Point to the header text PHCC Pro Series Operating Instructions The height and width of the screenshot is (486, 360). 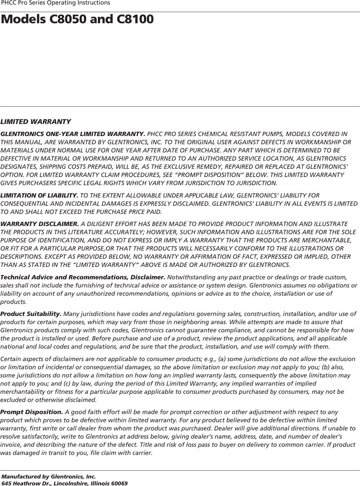56,3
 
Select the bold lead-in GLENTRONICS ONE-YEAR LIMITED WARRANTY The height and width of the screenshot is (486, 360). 73,134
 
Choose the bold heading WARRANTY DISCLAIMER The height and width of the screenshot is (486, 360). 40,224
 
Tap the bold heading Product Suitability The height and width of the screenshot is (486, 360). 31,314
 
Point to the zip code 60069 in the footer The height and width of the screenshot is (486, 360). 120,483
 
